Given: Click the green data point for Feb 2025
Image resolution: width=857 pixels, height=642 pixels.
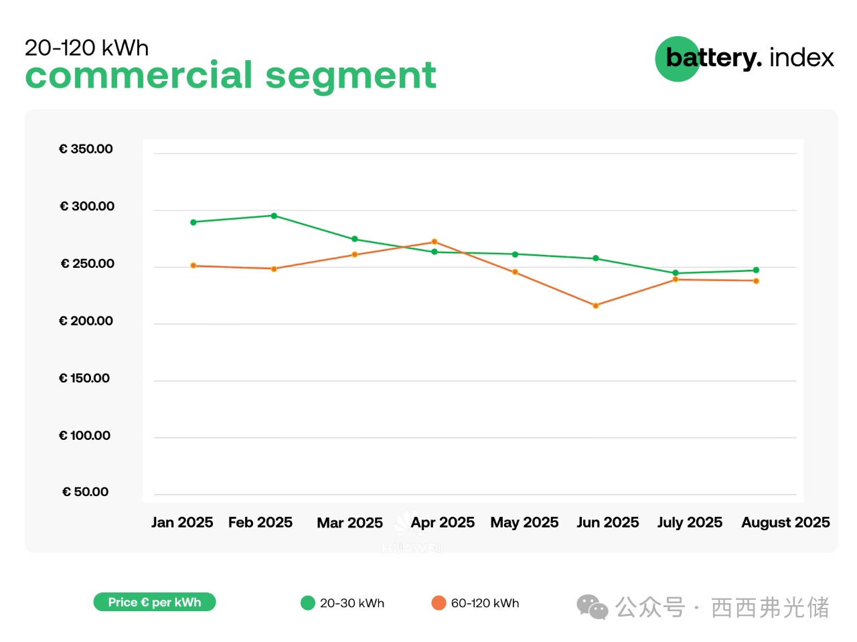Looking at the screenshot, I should tap(274, 216).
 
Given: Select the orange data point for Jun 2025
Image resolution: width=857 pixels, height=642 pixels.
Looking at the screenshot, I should tap(596, 306).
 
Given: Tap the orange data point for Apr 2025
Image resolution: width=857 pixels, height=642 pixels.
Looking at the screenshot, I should tap(435, 242).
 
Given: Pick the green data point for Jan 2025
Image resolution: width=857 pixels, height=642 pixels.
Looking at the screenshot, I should tap(193, 222).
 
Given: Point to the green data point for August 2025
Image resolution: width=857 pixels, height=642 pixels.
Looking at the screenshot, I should tap(756, 270).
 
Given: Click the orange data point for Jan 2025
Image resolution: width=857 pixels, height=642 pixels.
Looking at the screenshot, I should tap(193, 266).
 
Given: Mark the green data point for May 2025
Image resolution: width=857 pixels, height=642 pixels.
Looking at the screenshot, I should tap(515, 254).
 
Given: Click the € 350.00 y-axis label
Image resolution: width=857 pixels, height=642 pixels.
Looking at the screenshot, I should tap(86, 149).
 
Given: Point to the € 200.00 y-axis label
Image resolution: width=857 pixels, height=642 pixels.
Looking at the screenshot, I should tap(86, 321).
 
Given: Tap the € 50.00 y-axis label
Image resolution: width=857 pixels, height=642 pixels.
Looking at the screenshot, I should tap(85, 492).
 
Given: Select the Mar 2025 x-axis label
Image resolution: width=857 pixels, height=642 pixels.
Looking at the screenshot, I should tap(349, 523).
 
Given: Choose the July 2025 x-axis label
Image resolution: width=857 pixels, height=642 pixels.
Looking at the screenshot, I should tap(690, 522).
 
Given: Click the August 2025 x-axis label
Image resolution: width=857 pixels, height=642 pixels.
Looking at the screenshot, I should tap(785, 522).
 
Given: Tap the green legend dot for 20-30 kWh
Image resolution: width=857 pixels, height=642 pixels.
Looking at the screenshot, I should tap(308, 603).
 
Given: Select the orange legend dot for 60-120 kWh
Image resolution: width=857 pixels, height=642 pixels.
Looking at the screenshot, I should tap(439, 603).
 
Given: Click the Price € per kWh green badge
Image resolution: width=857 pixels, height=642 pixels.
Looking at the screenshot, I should tap(155, 603).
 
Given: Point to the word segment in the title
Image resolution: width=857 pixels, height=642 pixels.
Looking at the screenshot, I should tap(351, 75).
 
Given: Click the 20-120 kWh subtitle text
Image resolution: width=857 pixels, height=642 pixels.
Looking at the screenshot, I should tap(87, 48).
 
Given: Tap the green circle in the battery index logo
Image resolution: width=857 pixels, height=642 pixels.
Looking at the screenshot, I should tap(677, 59).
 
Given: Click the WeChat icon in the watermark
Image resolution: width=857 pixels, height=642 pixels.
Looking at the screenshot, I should tap(593, 607).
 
